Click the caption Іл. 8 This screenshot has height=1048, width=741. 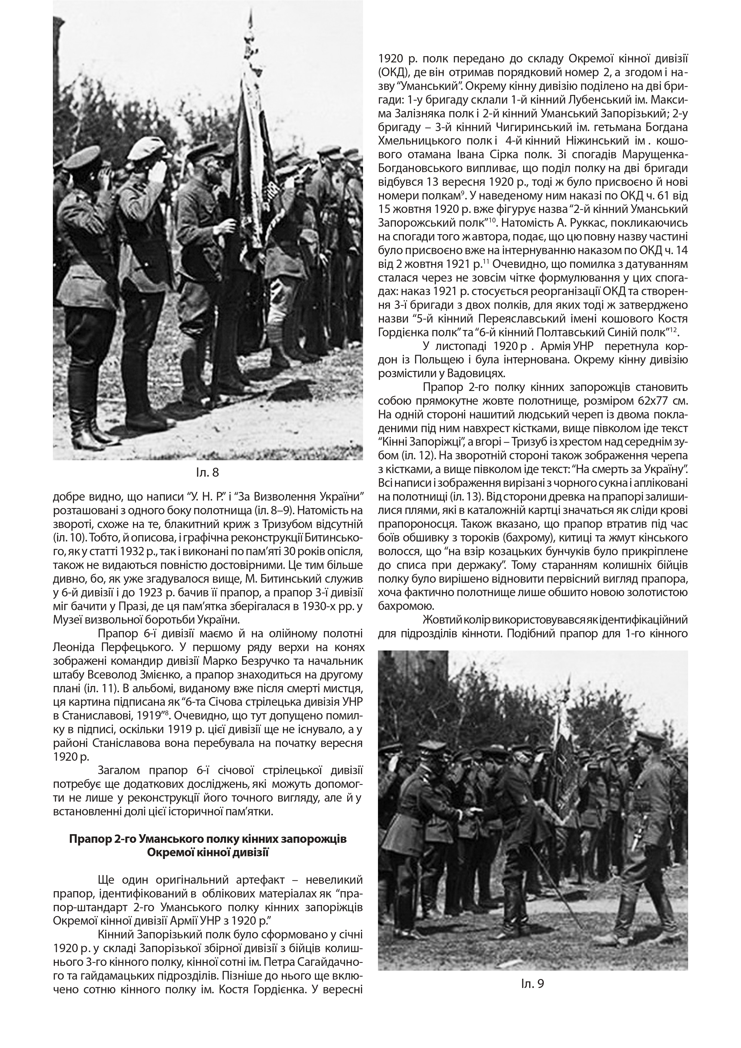(x=207, y=472)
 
